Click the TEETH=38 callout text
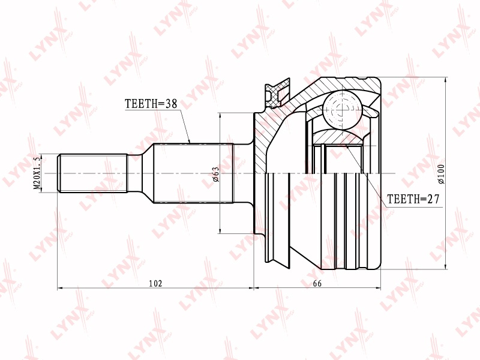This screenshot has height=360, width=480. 151,104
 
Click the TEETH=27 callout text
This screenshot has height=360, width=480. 413,199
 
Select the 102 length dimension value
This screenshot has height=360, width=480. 155,283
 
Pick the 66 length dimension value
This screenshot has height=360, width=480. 317,283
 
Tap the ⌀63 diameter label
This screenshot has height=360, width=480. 216,174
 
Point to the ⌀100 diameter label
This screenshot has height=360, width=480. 441,174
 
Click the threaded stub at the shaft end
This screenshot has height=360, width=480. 92,173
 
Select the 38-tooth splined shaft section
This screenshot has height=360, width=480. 193,173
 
